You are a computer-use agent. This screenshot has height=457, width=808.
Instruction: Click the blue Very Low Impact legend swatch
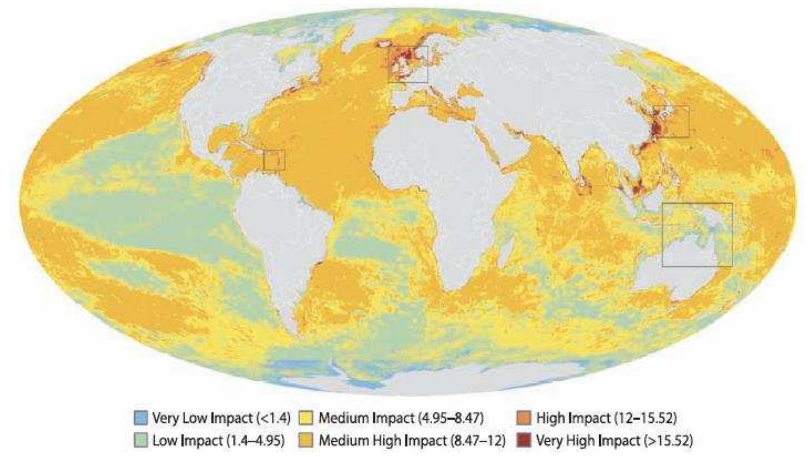pyautogui.click(x=141, y=418)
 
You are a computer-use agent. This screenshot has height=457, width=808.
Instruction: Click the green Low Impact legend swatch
pyautogui.click(x=141, y=441)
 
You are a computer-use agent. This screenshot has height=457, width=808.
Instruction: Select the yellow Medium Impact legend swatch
pyautogui.click(x=306, y=418)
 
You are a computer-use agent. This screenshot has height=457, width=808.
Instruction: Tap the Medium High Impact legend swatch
pyautogui.click(x=306, y=441)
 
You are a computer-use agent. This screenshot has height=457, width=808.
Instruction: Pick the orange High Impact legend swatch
pyautogui.click(x=523, y=418)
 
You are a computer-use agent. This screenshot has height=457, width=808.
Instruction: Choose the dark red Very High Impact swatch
pyautogui.click(x=523, y=441)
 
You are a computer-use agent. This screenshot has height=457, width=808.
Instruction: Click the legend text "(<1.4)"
pyautogui.click(x=273, y=418)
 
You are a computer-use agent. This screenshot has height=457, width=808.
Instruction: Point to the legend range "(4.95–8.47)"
pyautogui.click(x=451, y=418)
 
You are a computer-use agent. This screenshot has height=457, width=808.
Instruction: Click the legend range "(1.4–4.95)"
pyautogui.click(x=256, y=441)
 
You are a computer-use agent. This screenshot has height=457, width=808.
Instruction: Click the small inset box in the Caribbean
pyautogui.click(x=274, y=160)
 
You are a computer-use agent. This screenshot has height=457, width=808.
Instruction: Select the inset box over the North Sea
pyautogui.click(x=408, y=64)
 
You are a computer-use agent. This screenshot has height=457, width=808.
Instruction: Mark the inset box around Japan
pyautogui.click(x=672, y=122)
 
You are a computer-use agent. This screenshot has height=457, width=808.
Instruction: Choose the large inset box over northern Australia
pyautogui.click(x=697, y=234)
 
